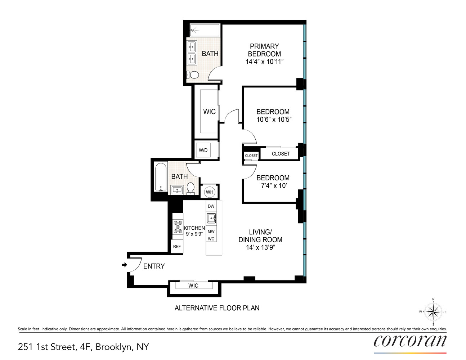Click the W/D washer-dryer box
pyautogui.click(x=203, y=150)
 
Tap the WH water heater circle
pyautogui.click(x=210, y=192)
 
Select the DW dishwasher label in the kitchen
pyautogui.click(x=211, y=206)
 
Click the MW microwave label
pyautogui.click(x=211, y=231)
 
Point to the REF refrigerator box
pyautogui.click(x=177, y=247)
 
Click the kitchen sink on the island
pyautogui.click(x=211, y=218)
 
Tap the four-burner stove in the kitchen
pyautogui.click(x=178, y=227)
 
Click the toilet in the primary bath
pyautogui.click(x=193, y=75)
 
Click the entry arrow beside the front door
pyautogui.click(x=125, y=265)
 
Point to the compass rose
pyautogui.click(x=433, y=312)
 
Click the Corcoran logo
pyautogui.click(x=410, y=341)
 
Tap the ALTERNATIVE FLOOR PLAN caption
pyautogui.click(x=217, y=308)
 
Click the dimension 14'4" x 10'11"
pyautogui.click(x=264, y=62)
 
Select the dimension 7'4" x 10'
pyautogui.click(x=274, y=186)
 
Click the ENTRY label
pyautogui.click(x=154, y=266)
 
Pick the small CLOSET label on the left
pyautogui.click(x=251, y=156)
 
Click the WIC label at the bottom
pyautogui.click(x=193, y=286)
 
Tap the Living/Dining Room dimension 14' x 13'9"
pyautogui.click(x=260, y=248)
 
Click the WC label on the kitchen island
pyautogui.click(x=211, y=239)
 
